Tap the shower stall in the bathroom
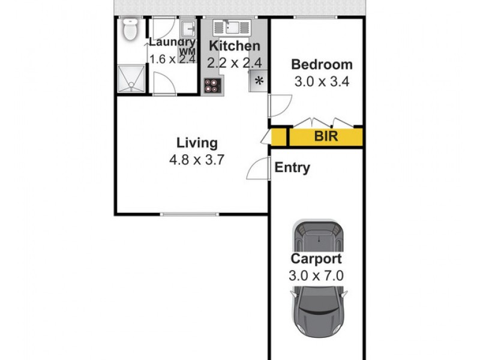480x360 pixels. click(131, 79)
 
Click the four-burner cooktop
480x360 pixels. click(211, 85)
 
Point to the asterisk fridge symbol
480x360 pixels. click(259, 82)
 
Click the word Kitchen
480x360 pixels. click(234, 46)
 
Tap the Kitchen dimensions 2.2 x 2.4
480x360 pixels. click(234, 62)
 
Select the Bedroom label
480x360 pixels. click(322, 65)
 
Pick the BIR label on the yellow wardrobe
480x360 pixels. click(326, 137)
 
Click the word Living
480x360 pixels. click(197, 143)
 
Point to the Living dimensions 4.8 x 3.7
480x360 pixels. click(197, 160)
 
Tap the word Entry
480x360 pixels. click(292, 168)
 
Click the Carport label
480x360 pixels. click(316, 259)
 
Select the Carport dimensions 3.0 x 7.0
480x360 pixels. click(316, 276)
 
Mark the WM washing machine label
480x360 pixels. click(187, 53)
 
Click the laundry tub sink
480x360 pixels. click(188, 29)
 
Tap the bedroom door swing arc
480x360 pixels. click(280, 106)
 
